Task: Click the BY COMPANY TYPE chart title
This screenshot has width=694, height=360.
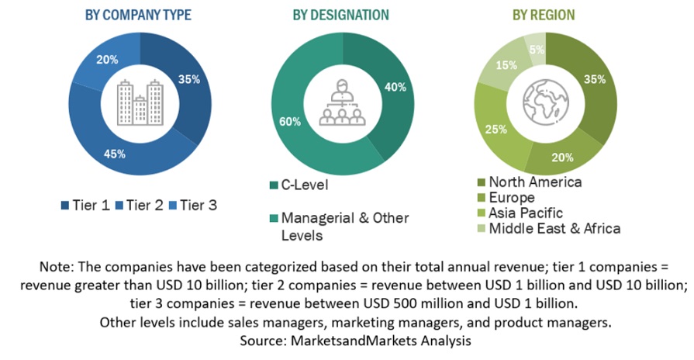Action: click(x=138, y=15)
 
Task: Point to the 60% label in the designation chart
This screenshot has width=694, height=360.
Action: click(x=289, y=120)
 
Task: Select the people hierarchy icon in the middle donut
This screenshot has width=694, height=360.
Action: click(x=342, y=103)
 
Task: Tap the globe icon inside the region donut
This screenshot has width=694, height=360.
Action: click(x=547, y=101)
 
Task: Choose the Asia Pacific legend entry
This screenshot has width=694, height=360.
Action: click(x=521, y=213)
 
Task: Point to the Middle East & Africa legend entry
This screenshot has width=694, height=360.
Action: click(x=550, y=228)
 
